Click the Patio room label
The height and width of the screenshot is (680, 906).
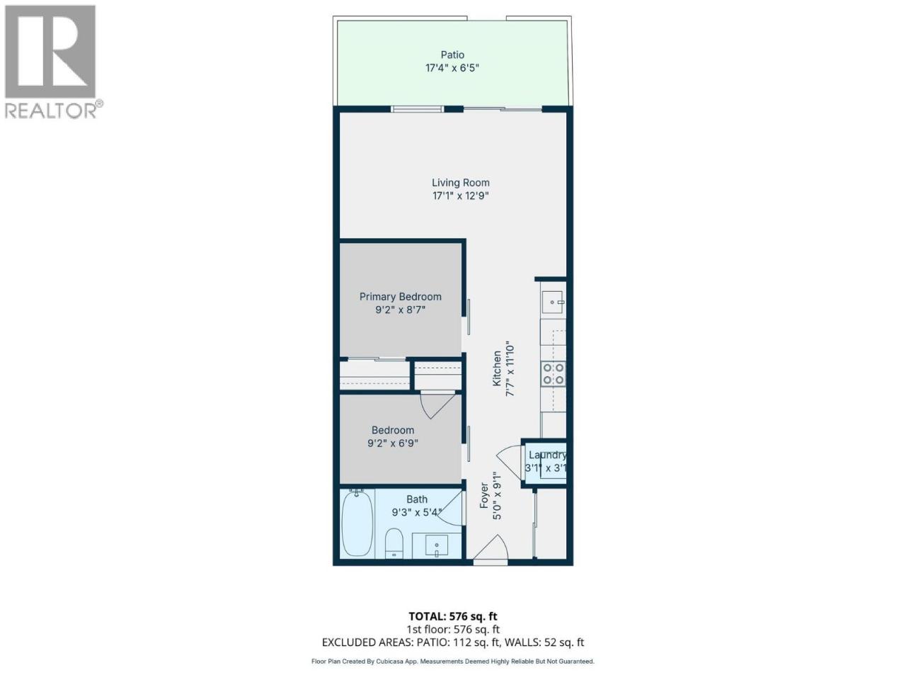452,55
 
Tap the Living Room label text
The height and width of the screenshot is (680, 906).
461,183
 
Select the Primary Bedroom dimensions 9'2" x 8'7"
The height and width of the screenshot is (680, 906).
400,310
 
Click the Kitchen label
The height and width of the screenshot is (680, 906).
497,368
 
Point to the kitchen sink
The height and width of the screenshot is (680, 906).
553,302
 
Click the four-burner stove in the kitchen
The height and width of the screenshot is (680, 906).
553,374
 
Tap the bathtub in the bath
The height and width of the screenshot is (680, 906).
357,523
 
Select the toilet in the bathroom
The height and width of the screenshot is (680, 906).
394,543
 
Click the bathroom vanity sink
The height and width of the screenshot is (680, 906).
437,545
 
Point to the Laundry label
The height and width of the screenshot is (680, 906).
547,455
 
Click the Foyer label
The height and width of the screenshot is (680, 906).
484,495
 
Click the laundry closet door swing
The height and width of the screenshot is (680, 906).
509,463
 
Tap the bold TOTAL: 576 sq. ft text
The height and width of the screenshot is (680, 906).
453,616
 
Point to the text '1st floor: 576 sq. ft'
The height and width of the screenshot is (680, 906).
453,629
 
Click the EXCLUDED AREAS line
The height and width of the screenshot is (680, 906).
453,642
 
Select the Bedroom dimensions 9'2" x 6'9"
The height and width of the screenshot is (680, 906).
393,443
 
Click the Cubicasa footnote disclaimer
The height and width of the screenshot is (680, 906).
453,662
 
